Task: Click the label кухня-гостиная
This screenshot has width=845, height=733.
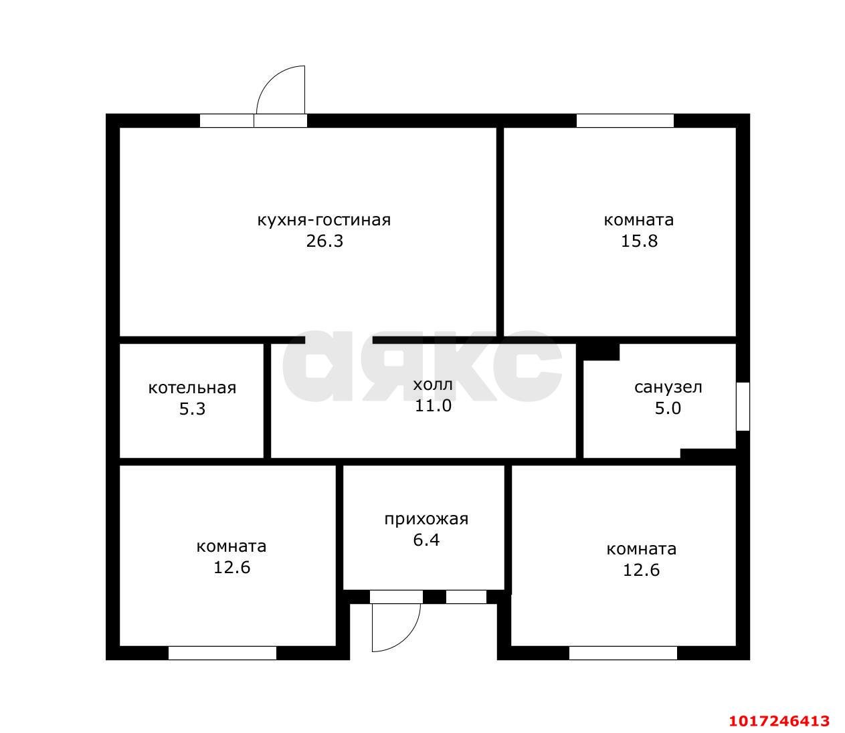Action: (324, 221)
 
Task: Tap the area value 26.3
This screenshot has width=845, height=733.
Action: (324, 241)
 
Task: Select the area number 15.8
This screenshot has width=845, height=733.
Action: (639, 241)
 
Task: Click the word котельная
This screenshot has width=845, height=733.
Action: (192, 388)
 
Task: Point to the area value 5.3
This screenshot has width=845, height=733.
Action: (192, 409)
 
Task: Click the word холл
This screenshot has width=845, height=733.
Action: (433, 385)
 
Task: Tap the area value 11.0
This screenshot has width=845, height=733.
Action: (433, 406)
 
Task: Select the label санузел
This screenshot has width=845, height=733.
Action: (668, 387)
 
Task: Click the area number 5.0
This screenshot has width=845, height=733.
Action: (668, 408)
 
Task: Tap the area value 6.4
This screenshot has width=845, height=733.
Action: (426, 540)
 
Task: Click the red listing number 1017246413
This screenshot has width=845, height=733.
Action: (779, 720)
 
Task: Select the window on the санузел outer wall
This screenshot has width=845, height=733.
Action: (743, 407)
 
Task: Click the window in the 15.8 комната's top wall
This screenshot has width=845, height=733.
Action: (625, 120)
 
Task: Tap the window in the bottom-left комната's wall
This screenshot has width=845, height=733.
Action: (222, 653)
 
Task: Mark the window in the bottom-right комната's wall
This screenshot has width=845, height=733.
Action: (624, 653)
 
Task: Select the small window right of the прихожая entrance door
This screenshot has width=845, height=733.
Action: (466, 597)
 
